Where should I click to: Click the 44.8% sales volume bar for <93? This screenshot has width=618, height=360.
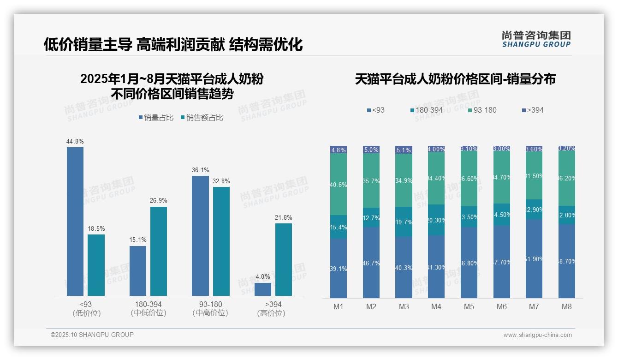(x=75, y=222)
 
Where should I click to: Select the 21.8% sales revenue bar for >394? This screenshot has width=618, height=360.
(x=284, y=259)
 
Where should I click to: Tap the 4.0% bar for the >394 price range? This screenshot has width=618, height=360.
(x=263, y=289)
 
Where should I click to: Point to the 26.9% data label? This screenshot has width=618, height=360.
(x=159, y=201)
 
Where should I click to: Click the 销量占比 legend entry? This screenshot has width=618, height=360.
(x=156, y=118)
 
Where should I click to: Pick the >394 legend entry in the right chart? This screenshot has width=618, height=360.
(x=533, y=110)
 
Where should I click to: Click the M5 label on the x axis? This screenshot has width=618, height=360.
(x=469, y=306)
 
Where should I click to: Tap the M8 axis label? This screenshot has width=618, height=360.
(x=567, y=306)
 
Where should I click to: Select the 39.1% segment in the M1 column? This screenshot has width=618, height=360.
(x=339, y=268)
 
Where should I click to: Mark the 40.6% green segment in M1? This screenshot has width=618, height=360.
(x=339, y=184)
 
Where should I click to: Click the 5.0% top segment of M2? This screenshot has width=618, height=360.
(x=371, y=150)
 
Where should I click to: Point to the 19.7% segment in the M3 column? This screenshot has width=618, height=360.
(x=404, y=222)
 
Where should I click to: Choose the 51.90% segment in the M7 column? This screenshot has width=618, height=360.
(x=534, y=259)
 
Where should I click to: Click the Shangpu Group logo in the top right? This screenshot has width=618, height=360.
(x=536, y=39)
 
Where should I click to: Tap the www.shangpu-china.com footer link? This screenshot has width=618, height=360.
(x=537, y=335)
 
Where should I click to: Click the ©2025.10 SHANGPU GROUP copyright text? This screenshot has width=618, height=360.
(x=92, y=335)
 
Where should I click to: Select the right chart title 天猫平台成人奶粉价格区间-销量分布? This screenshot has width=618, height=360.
(x=455, y=79)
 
